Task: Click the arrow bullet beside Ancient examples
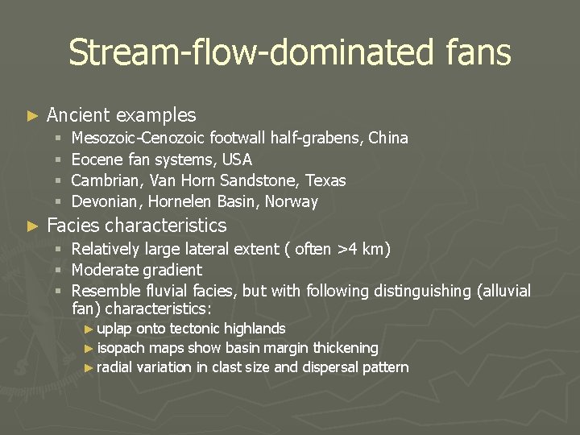(32, 116)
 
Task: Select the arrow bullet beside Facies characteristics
(32, 226)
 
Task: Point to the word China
(388, 139)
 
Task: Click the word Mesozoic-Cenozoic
(138, 139)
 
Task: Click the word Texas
(325, 180)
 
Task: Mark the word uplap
(114, 329)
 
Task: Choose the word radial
(114, 367)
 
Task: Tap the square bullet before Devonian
(58, 201)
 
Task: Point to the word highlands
(254, 329)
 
